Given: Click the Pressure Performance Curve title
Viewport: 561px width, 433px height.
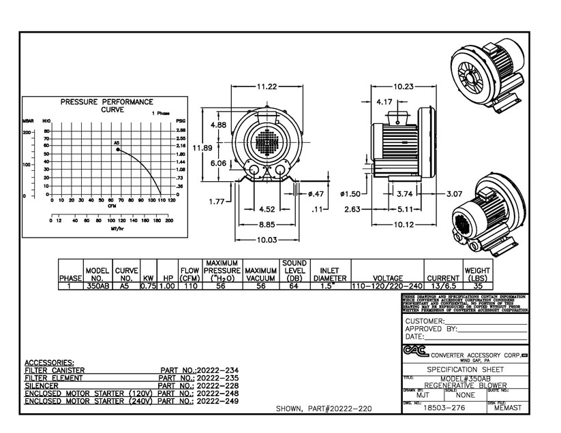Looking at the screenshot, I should pyautogui.click(x=106, y=105).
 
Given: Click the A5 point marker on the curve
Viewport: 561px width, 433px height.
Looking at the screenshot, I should pyautogui.click(x=118, y=148).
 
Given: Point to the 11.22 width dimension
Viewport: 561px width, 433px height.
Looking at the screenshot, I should pyautogui.click(x=267, y=86).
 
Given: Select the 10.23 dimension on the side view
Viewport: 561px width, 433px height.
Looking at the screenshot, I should pyautogui.click(x=403, y=86).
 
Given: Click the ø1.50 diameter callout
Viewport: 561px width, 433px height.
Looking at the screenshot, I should pyautogui.click(x=350, y=194).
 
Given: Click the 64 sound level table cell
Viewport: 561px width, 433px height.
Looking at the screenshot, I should pyautogui.click(x=294, y=287).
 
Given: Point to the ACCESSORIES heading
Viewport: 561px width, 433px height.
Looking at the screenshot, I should pyautogui.click(x=49, y=362).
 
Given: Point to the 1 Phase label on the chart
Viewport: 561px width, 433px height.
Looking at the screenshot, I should pyautogui.click(x=162, y=113).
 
